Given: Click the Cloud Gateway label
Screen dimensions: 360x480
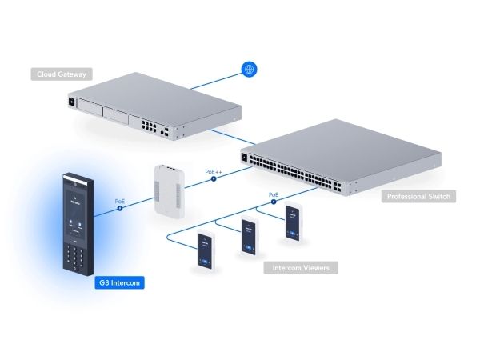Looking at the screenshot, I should pos(60,75).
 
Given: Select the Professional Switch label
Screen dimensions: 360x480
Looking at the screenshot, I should pos(418,196).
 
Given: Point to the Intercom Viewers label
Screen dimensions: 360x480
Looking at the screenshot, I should pos(301,267).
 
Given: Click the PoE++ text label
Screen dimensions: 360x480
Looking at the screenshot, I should pos(214,171).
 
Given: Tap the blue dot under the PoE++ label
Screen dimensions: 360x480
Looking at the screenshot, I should pos(214,180).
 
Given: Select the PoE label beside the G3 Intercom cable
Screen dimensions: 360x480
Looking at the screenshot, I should pos(120,201).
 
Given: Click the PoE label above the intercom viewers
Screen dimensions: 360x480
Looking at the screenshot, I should pos(273,194).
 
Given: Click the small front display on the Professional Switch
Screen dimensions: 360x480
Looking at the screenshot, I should pos(246,156).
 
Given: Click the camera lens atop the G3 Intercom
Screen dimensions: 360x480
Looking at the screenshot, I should pos(70,180).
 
